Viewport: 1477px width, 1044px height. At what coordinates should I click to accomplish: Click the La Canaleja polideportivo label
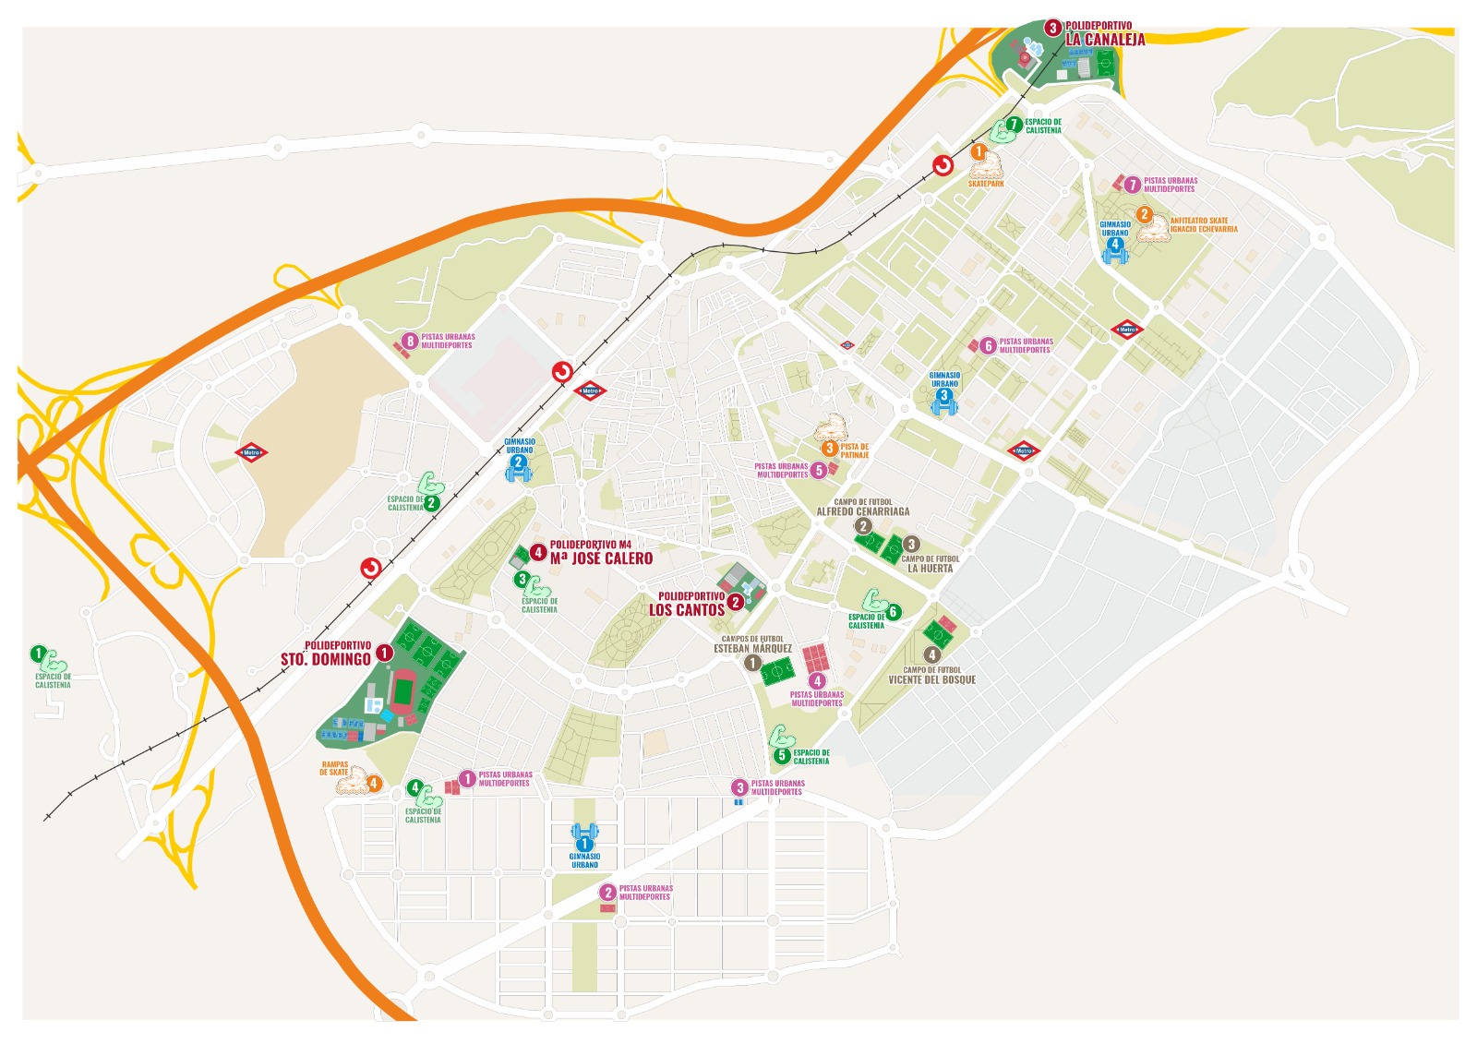point(1105,39)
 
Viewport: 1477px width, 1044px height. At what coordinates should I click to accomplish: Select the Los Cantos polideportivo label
point(687,609)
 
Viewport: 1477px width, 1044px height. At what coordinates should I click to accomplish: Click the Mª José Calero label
point(601,558)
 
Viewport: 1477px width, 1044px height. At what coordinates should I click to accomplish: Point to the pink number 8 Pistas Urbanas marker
point(411,341)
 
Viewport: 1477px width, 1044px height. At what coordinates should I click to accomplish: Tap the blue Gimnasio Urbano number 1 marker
point(583,844)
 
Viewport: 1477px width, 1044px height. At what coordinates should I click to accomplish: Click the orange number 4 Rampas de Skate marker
point(374,784)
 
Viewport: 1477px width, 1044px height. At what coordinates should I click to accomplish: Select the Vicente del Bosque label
point(931,679)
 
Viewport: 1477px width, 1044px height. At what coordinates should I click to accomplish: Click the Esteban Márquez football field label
point(752,648)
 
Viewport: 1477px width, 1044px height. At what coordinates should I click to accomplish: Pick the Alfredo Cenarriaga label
point(862,510)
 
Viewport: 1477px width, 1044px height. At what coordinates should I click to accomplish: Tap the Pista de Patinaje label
point(854,450)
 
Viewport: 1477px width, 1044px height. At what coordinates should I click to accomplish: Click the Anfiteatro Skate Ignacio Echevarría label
point(1203,224)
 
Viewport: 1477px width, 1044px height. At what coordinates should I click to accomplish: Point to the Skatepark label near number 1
point(985,184)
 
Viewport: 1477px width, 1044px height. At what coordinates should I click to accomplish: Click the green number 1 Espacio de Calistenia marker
point(38,654)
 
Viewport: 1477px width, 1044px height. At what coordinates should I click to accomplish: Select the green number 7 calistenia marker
point(1013,124)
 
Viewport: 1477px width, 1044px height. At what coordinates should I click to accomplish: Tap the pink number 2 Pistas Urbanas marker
point(606,892)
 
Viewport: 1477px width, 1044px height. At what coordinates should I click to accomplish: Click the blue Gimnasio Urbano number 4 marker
point(1114,246)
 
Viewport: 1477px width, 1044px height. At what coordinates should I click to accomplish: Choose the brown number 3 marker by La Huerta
point(911,544)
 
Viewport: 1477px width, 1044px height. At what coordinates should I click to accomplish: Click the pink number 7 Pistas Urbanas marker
point(1133,185)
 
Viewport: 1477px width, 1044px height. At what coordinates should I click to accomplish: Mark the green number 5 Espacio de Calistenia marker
point(782,755)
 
